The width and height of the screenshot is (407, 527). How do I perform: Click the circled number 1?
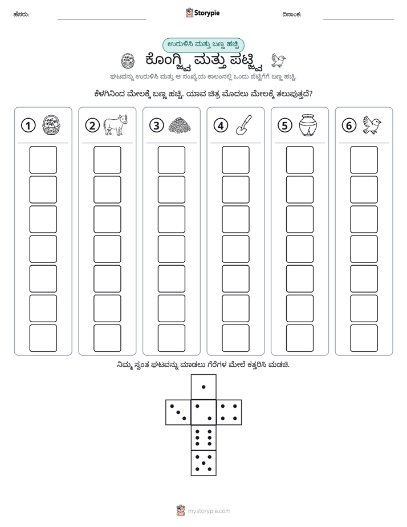(28, 125)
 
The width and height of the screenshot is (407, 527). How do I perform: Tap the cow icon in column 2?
(115, 124)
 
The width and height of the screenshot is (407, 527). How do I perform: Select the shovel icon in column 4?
(244, 125)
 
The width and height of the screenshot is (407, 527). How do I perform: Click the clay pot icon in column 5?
(308, 125)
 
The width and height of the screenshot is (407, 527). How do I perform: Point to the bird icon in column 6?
(372, 125)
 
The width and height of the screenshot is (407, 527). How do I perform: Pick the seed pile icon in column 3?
(180, 125)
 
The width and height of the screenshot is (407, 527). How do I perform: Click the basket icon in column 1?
(51, 125)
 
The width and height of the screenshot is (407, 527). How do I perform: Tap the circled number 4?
(221, 125)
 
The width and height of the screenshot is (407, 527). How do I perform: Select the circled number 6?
(349, 125)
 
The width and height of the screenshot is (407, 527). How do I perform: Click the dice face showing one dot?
(203, 387)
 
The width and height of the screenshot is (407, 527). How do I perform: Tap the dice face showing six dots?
(203, 437)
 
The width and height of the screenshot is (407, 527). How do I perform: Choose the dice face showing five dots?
(203, 463)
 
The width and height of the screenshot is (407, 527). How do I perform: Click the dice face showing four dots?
(229, 412)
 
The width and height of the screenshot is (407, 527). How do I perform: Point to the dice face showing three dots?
(178, 412)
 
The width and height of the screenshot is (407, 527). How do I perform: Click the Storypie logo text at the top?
(207, 13)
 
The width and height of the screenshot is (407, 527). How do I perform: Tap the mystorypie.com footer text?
(209, 511)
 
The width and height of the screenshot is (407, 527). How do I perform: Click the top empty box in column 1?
(43, 160)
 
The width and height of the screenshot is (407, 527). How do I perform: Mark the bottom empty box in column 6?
(364, 338)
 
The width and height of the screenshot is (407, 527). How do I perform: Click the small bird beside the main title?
(278, 60)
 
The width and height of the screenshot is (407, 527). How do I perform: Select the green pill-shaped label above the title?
(203, 45)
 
